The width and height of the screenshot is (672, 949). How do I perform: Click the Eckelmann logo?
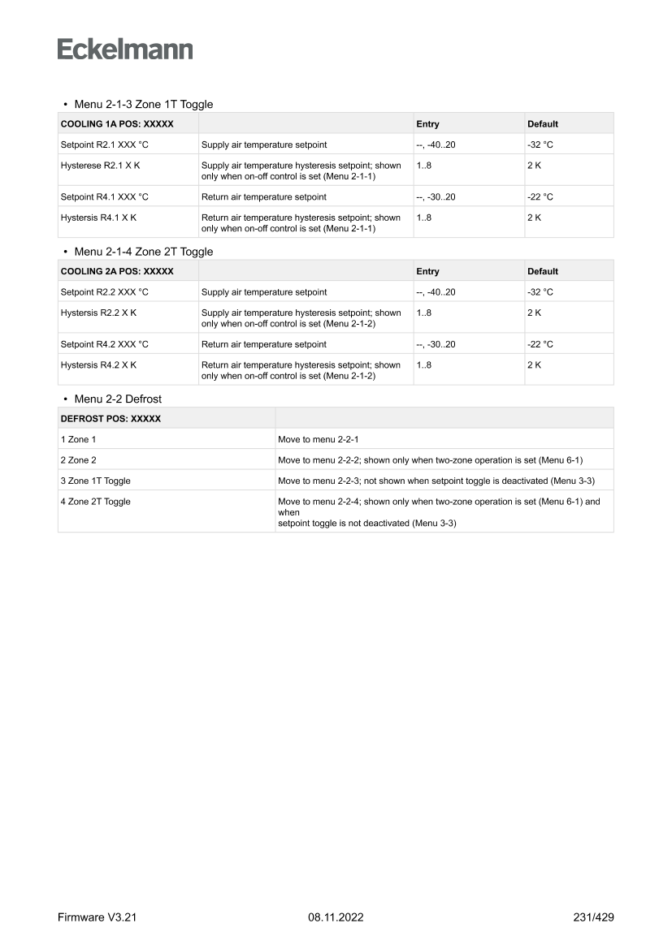[x=125, y=50]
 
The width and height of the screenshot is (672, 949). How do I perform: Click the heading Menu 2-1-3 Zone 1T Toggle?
[x=143, y=105]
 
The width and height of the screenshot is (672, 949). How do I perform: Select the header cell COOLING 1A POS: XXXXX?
[x=117, y=124]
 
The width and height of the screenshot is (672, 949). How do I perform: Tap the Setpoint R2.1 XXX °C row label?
[x=105, y=145]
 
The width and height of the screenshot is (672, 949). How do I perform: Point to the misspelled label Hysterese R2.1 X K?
[x=98, y=166]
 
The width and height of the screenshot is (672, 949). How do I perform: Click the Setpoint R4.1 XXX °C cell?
[x=105, y=196]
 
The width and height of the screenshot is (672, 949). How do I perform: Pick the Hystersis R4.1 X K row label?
[x=98, y=218]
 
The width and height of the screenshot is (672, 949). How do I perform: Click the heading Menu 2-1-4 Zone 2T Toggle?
[x=143, y=252]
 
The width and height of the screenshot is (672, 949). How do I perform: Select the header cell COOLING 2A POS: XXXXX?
[x=117, y=271]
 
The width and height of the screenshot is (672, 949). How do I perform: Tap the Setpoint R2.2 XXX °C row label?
[x=105, y=292]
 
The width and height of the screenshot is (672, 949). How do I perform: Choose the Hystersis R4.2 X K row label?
[x=98, y=365]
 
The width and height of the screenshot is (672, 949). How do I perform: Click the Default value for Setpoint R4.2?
[x=540, y=344]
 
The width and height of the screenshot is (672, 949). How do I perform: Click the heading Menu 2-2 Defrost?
[x=118, y=399]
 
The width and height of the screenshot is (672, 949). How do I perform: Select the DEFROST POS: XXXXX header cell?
[x=111, y=419]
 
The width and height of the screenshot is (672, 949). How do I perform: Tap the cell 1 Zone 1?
[x=78, y=439]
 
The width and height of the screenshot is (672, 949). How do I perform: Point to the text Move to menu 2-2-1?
[x=318, y=439]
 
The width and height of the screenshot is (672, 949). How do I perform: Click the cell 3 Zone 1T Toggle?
[x=95, y=481]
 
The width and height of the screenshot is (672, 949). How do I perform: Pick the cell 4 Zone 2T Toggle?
[x=95, y=502]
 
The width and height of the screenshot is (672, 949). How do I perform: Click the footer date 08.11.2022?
[x=336, y=917]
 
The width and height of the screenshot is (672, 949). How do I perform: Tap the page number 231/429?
[x=593, y=917]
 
